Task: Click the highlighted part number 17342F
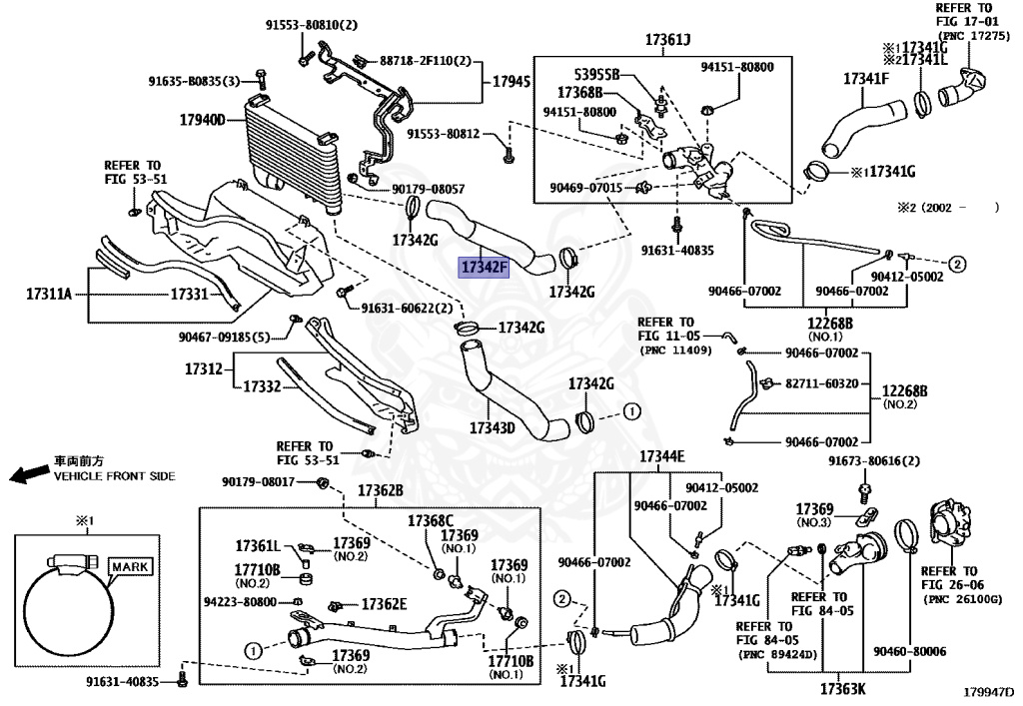(x=485, y=267)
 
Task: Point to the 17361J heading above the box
(x=667, y=40)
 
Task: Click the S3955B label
(x=596, y=75)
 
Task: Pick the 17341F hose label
(x=865, y=78)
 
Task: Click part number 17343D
(x=492, y=427)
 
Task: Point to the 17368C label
(x=430, y=520)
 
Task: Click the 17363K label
(x=843, y=688)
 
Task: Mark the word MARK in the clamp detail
(x=129, y=566)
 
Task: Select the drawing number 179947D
(x=988, y=691)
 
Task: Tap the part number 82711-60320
(x=821, y=382)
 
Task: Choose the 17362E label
(x=385, y=603)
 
